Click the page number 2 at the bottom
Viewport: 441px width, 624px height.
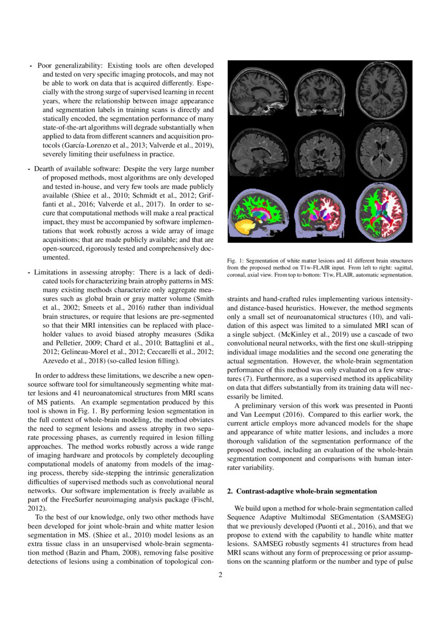click(220, 575)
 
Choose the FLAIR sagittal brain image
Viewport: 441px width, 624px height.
click(258, 151)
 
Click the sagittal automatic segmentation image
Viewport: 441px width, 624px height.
click(258, 214)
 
